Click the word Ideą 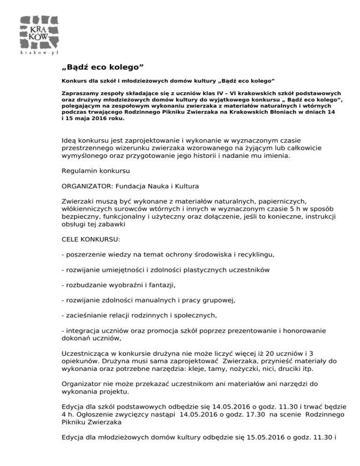pyautogui.click(x=70, y=140)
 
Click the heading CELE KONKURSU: pyautogui.click(x=91, y=239)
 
